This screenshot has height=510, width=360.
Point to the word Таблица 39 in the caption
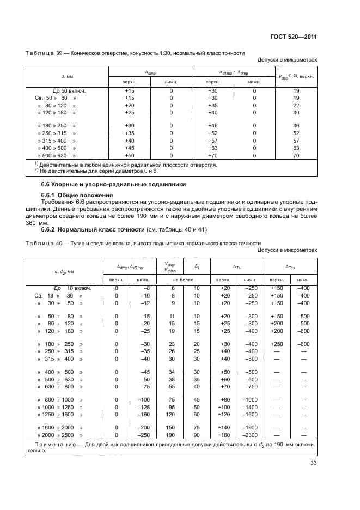click(41, 53)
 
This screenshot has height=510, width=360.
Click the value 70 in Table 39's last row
click(296, 155)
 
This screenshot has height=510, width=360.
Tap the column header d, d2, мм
click(64, 271)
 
